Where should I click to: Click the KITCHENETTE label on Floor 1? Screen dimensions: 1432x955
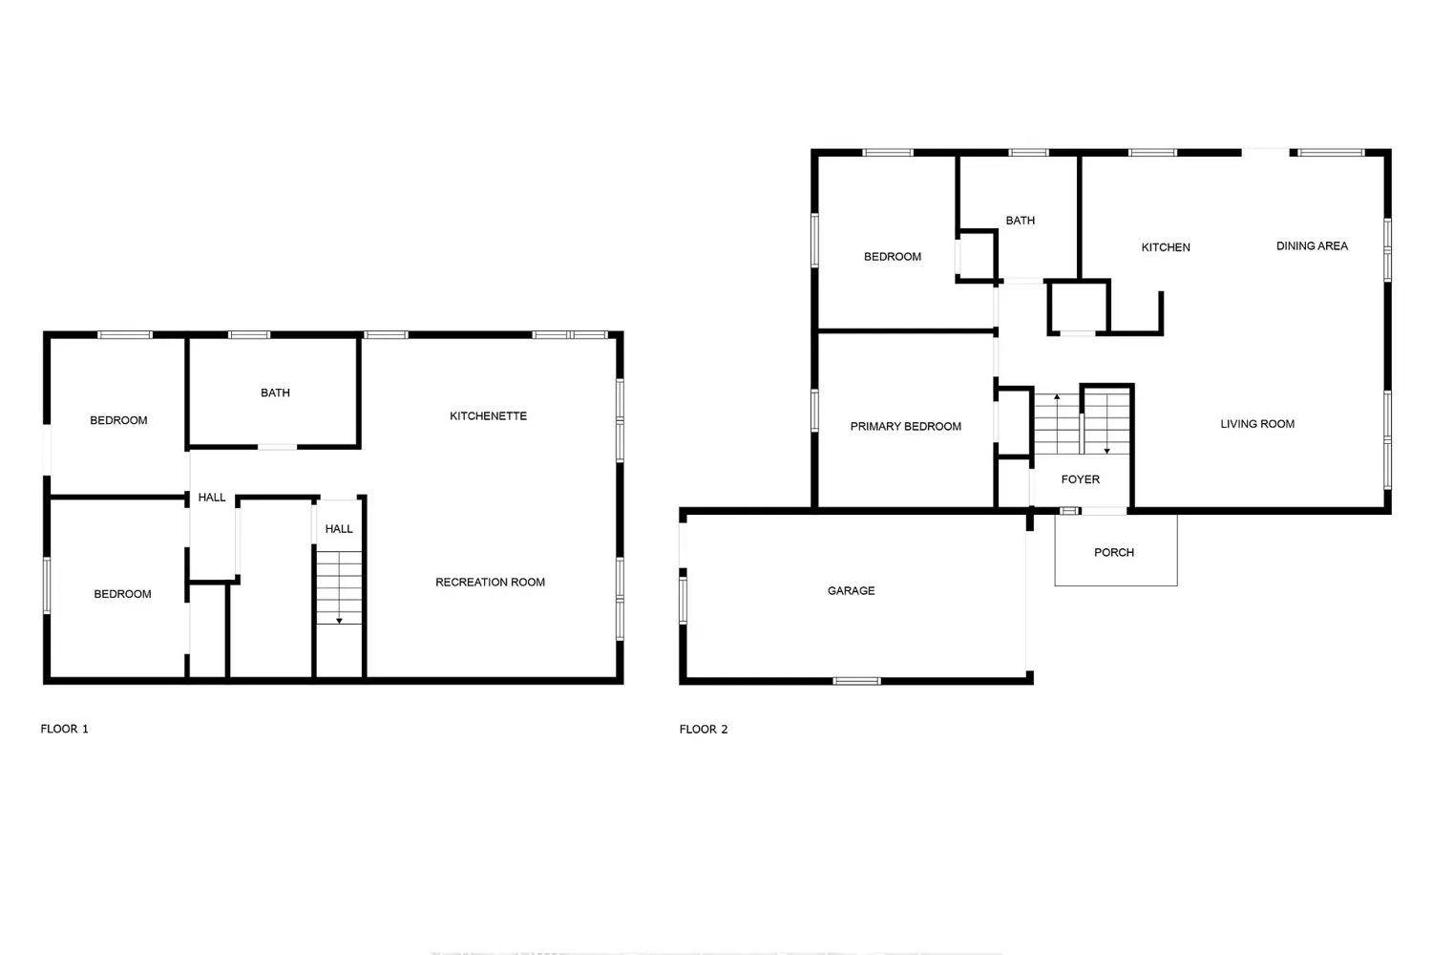click(488, 415)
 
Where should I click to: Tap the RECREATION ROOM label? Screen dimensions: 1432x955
click(491, 583)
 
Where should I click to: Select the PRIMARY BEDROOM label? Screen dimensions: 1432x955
click(905, 426)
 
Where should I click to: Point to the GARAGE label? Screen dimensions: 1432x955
click(851, 590)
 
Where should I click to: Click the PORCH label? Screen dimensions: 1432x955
click(1114, 552)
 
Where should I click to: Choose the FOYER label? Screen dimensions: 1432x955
click(1081, 479)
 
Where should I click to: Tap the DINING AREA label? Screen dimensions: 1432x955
click(1312, 245)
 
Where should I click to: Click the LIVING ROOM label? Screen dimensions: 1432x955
click(1257, 423)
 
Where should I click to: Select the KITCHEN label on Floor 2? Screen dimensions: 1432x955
click(1166, 247)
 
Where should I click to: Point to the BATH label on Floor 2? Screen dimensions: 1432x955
click(1020, 220)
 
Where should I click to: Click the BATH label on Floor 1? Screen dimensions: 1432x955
click(275, 393)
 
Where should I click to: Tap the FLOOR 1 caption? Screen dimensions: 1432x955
click(65, 729)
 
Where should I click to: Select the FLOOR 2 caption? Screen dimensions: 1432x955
click(704, 730)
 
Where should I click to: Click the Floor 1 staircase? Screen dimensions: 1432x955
click(339, 587)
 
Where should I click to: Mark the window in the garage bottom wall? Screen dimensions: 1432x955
click(856, 681)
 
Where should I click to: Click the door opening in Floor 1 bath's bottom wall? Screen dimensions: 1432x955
click(277, 447)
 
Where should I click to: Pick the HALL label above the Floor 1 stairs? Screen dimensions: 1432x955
click(339, 529)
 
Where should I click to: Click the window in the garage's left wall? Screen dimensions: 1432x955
click(683, 600)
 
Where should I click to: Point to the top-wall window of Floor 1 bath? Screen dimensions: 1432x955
click(249, 334)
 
